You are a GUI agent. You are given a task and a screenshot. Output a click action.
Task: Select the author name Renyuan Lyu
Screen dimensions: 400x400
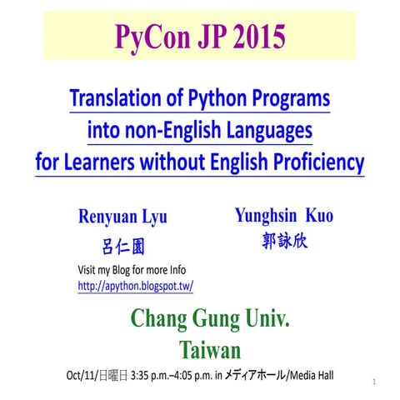pyautogui.click(x=122, y=217)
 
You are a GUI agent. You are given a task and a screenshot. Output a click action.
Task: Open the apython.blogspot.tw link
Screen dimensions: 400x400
pyautogui.click(x=135, y=286)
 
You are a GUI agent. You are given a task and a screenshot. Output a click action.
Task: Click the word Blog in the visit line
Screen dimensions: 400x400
pyautogui.click(x=130, y=271)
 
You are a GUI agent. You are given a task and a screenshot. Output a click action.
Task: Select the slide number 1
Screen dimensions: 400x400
pyautogui.click(x=376, y=382)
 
